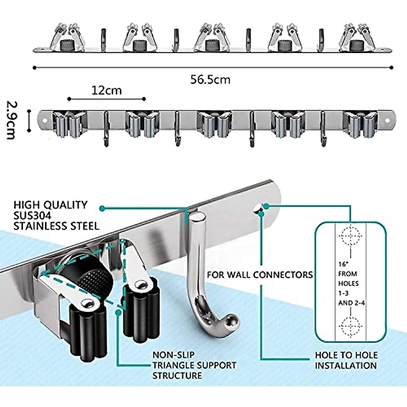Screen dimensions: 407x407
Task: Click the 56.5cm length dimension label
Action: pyautogui.click(x=210, y=80)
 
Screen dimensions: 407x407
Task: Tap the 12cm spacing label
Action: pyautogui.click(x=106, y=91)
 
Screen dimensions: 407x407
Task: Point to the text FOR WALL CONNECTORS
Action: pyautogui.click(x=260, y=274)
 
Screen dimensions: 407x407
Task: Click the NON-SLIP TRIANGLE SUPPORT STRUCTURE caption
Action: pyautogui.click(x=194, y=365)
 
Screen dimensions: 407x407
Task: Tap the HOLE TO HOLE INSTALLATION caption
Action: pyautogui.click(x=346, y=360)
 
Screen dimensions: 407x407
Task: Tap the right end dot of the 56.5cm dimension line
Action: pyautogui.click(x=392, y=67)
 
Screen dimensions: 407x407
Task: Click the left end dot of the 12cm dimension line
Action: pyautogui.click(x=69, y=99)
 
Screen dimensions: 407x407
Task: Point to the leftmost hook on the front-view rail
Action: pyautogui.click(x=106, y=129)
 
